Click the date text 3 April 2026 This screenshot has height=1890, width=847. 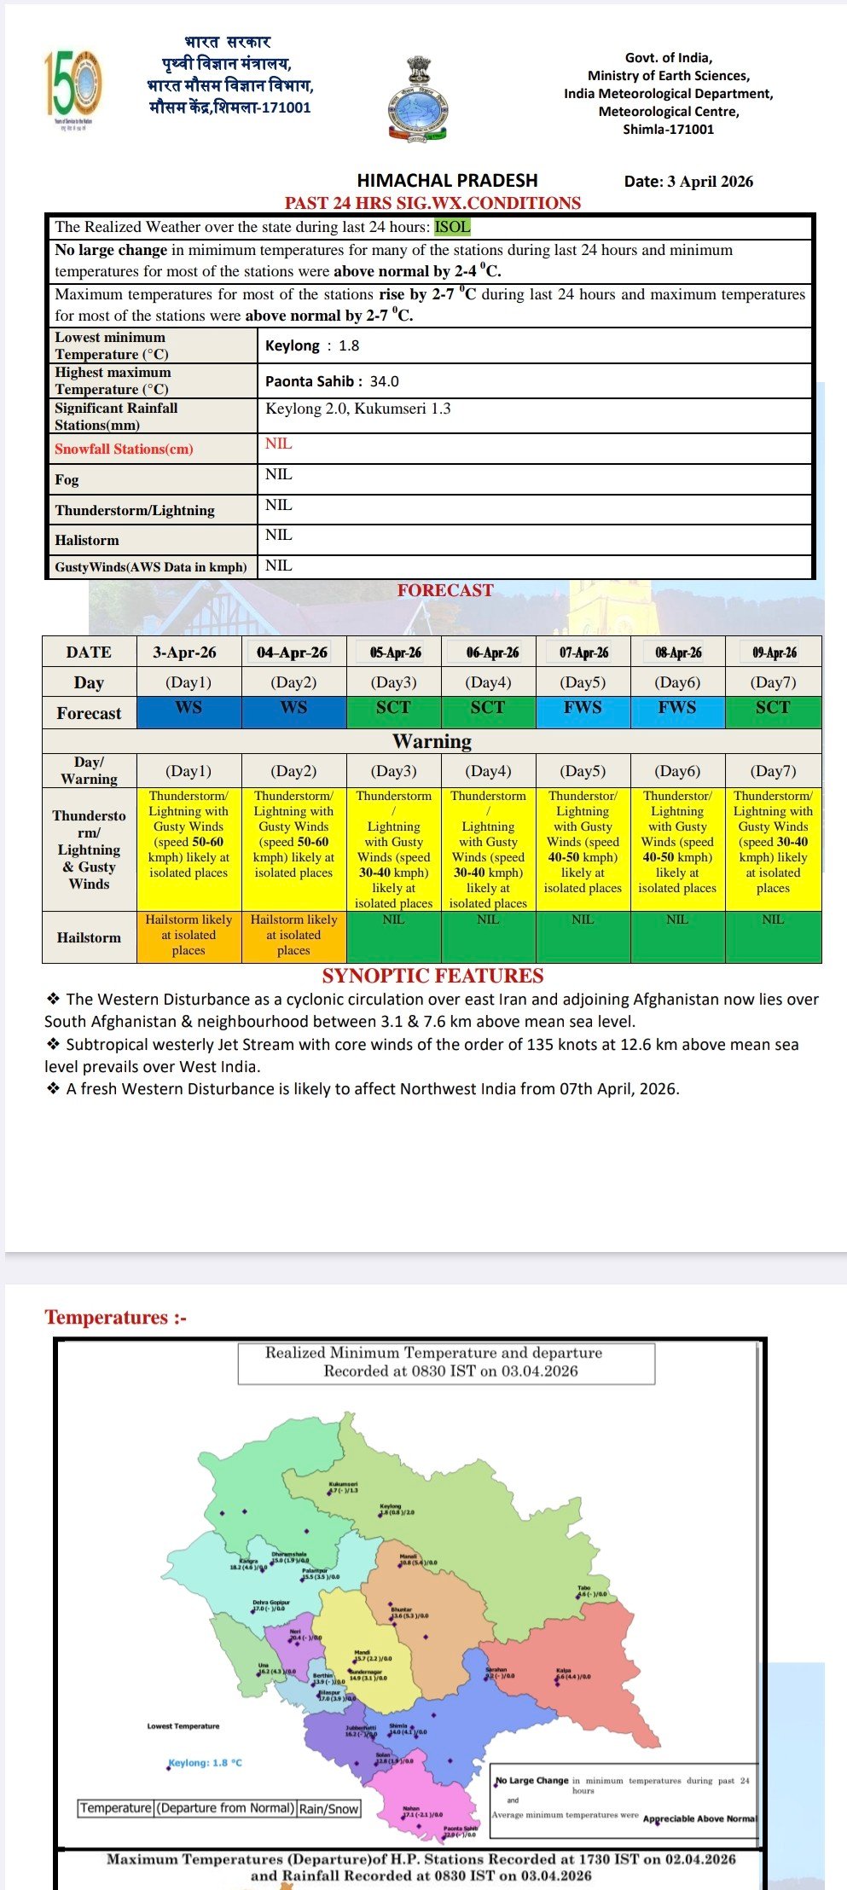tap(688, 181)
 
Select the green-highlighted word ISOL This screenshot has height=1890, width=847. tap(452, 227)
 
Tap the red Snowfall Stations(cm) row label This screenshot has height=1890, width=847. tap(124, 449)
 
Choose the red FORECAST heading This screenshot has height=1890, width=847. tap(444, 590)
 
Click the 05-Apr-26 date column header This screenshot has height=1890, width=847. tap(395, 652)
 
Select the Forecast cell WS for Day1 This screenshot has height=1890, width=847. tap(189, 708)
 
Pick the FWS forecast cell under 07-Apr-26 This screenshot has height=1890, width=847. tap(583, 708)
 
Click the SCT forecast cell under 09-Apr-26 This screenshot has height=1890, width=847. tap(773, 708)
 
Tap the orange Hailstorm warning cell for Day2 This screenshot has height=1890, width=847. tap(293, 935)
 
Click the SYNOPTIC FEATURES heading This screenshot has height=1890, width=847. tap(432, 976)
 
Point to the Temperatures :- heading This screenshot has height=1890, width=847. tap(115, 1317)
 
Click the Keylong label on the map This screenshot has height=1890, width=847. tap(391, 1506)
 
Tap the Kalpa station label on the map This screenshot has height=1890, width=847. tap(564, 1670)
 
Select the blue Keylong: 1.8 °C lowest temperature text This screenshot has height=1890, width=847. tap(205, 1762)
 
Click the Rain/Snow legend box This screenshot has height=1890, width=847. tap(329, 1808)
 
